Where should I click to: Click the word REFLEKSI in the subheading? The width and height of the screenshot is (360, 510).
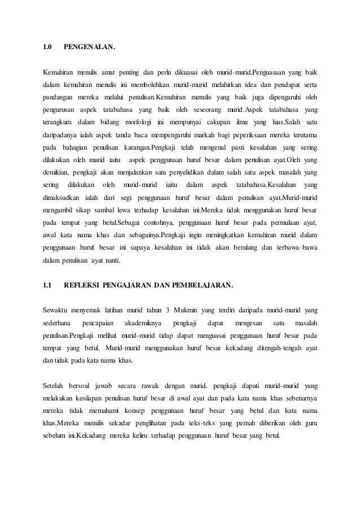82,285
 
